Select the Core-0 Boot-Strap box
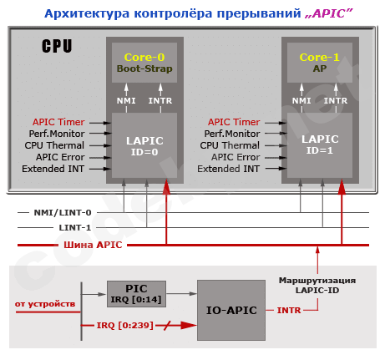[144, 63]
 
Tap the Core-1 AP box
[319, 63]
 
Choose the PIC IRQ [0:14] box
[135, 294]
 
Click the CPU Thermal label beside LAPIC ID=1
[230, 145]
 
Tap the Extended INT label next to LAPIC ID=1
[228, 169]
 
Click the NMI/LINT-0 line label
[63, 212]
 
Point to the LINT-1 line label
[75, 227]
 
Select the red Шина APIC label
[92, 244]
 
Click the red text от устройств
[45, 303]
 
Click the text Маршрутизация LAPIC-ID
[317, 285]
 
